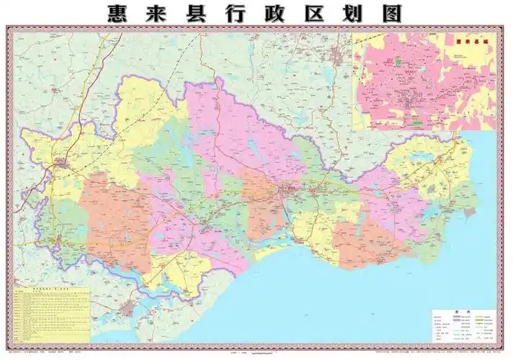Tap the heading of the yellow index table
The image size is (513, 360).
[x=50, y=292]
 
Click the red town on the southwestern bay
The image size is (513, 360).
[x=128, y=310]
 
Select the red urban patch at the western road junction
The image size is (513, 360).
[x=61, y=164]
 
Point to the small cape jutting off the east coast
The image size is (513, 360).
[x=468, y=213]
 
